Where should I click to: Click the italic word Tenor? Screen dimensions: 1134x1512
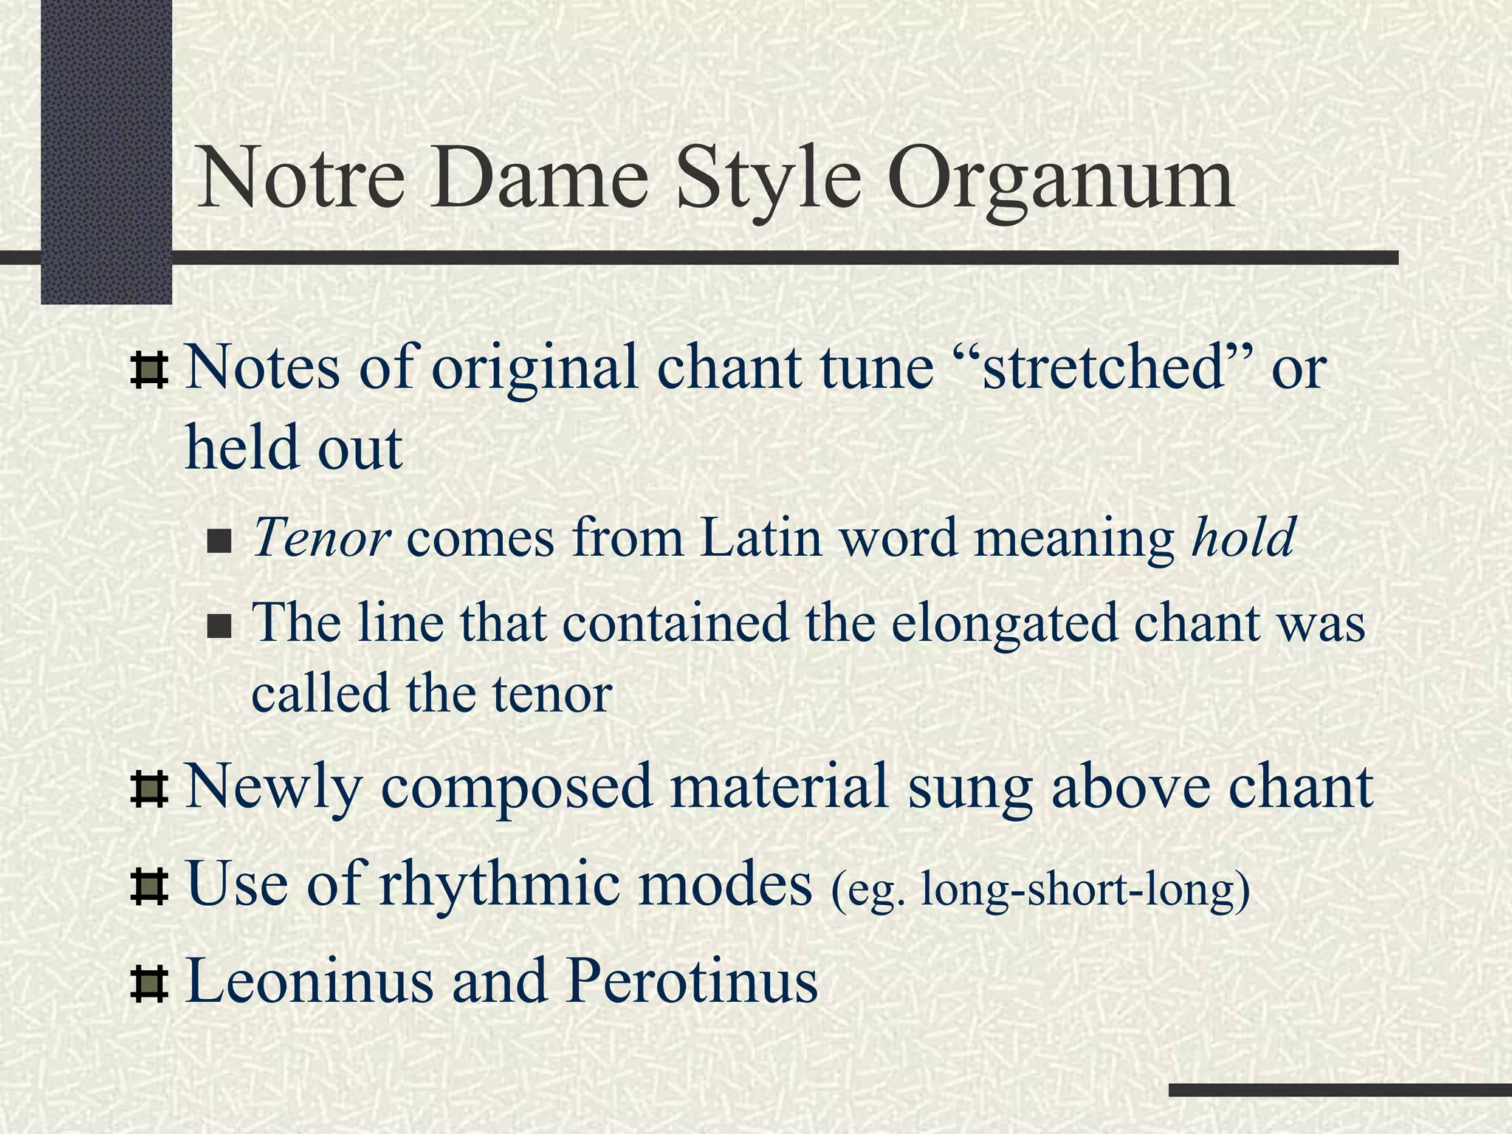pyautogui.click(x=321, y=537)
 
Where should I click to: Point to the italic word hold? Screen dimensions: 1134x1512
pyautogui.click(x=1243, y=537)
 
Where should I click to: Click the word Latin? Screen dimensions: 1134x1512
pyautogui.click(x=761, y=537)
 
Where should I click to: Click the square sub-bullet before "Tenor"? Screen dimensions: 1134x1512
pyautogui.click(x=219, y=543)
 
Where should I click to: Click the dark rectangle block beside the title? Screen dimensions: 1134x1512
pyautogui.click(x=106, y=148)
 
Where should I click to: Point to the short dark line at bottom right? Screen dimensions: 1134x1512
pyautogui.click(x=1340, y=1090)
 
